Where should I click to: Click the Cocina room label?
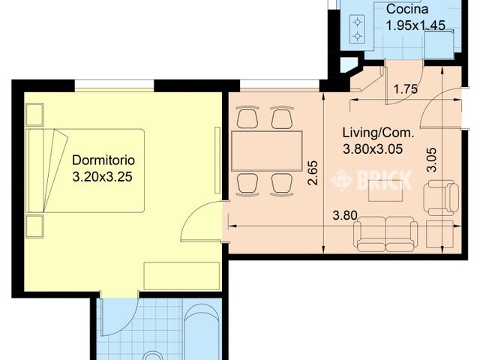(407, 10)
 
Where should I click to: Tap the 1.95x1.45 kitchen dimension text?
(415, 25)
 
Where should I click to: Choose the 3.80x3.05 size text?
(373, 148)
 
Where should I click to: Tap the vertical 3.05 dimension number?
(430, 160)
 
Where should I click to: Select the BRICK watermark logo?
(373, 179)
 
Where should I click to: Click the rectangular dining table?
(267, 151)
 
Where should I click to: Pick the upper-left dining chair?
(247, 118)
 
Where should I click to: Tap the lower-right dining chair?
(281, 184)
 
